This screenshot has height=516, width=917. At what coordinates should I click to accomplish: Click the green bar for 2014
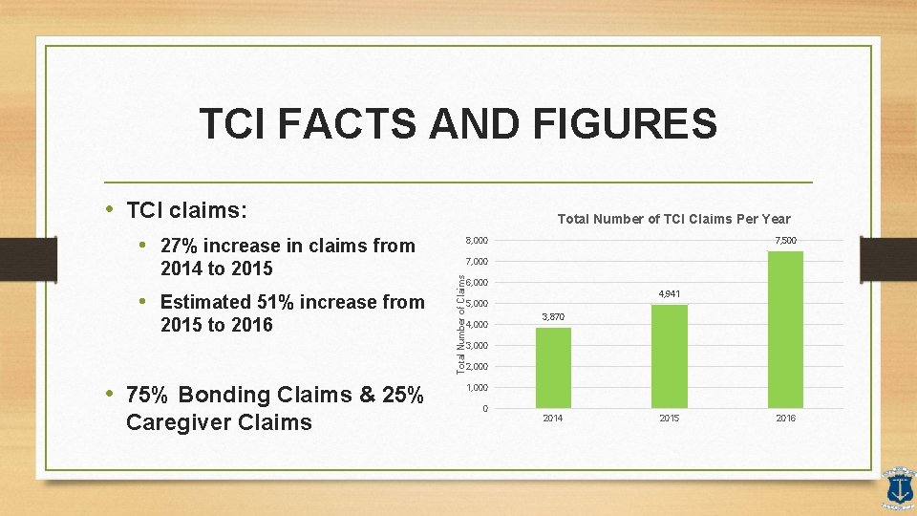pyautogui.click(x=553, y=368)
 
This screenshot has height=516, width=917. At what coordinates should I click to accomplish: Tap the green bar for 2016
pyautogui.click(x=785, y=330)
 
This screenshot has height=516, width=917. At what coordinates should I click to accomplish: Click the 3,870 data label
pyautogui.click(x=553, y=316)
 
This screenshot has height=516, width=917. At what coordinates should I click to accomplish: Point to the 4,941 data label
pyautogui.click(x=669, y=293)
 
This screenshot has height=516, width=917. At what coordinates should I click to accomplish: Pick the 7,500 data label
pyautogui.click(x=786, y=240)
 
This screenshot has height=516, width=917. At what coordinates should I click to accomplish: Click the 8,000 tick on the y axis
pyautogui.click(x=478, y=240)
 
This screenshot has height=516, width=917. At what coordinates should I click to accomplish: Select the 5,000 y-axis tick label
pyautogui.click(x=478, y=304)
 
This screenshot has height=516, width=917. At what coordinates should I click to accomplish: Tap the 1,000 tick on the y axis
pyautogui.click(x=478, y=388)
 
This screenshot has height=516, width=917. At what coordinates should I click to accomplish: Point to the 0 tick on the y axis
pyautogui.click(x=485, y=409)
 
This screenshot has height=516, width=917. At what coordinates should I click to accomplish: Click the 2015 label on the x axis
pyautogui.click(x=669, y=419)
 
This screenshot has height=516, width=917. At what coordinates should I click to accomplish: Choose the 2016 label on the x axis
pyautogui.click(x=785, y=419)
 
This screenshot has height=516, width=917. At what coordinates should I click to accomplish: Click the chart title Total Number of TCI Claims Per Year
pyautogui.click(x=673, y=219)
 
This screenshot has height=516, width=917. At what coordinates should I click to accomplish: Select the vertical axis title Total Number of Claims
pyautogui.click(x=460, y=324)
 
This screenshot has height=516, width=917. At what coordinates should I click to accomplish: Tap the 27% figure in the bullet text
pyautogui.click(x=180, y=247)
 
